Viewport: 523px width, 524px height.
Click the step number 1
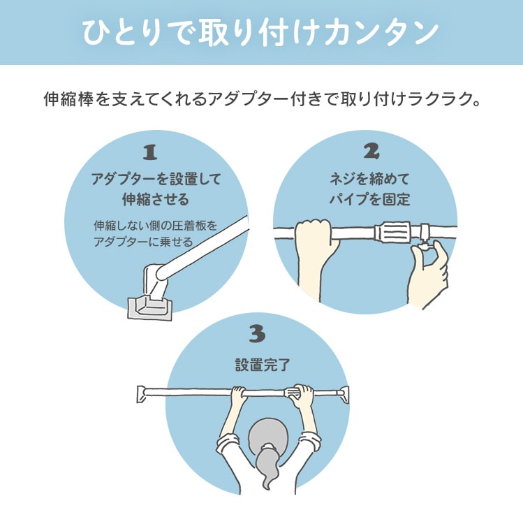click(150, 152)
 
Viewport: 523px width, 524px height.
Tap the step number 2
click(371, 152)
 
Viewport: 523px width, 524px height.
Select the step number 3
click(257, 334)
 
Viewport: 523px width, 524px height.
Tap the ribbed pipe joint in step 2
click(392, 231)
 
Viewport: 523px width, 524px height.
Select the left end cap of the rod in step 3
click(142, 393)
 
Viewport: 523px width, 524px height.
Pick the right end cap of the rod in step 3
click(344, 395)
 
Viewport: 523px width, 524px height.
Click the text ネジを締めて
click(369, 179)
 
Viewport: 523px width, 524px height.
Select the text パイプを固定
click(369, 199)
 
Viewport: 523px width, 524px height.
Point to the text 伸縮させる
click(156, 200)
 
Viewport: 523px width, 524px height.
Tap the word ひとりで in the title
click(138, 32)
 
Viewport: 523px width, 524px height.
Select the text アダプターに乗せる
click(143, 241)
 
